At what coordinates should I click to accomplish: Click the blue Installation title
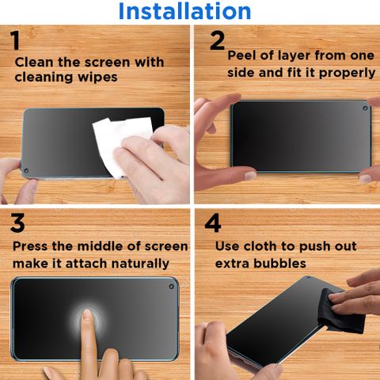(184, 11)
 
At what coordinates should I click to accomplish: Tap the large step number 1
(15, 40)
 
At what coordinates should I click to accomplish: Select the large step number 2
(217, 40)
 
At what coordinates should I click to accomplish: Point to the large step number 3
(17, 223)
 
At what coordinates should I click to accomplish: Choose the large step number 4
(213, 223)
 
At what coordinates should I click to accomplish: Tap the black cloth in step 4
(340, 313)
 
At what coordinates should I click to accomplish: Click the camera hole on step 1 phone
(26, 170)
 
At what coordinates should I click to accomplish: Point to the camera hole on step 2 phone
(365, 108)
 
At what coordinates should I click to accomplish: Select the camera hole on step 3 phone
(171, 287)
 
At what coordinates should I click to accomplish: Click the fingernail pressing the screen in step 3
(86, 313)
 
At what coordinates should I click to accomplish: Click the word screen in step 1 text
(107, 63)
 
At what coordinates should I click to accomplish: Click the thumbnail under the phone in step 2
(250, 175)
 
